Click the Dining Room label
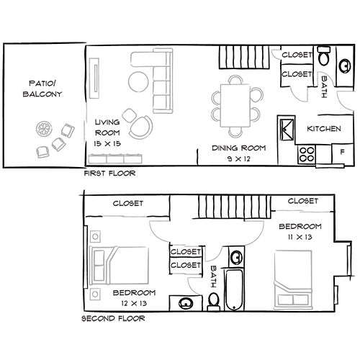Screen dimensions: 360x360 pyautogui.click(x=238, y=148)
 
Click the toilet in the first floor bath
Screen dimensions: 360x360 pyautogui.click(x=325, y=57)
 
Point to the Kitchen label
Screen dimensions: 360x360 pyautogui.click(x=323, y=129)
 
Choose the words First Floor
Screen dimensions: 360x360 pyautogui.click(x=109, y=174)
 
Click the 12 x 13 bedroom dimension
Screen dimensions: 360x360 pyautogui.click(x=135, y=303)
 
